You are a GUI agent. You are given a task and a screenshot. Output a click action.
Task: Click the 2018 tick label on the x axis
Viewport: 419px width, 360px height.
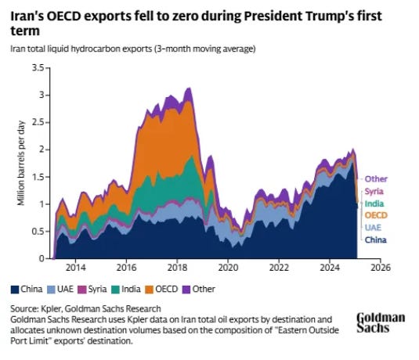coord(177,268)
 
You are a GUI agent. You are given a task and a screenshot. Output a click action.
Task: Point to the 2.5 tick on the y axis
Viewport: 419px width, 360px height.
coord(38,123)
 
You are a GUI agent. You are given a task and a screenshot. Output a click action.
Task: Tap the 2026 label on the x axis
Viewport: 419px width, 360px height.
coord(381,268)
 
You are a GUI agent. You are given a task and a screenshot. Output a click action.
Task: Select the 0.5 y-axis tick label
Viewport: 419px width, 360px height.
coord(38,232)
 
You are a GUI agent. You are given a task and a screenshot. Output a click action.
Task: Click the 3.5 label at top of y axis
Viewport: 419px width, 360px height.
coord(38,68)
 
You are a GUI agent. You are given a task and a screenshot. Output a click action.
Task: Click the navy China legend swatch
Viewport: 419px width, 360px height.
coord(15,290)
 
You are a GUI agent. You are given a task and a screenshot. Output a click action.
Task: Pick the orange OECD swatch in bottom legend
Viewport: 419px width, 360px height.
coord(150,290)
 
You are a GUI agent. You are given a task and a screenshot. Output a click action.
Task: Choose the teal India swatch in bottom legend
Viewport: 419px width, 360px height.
coord(116,290)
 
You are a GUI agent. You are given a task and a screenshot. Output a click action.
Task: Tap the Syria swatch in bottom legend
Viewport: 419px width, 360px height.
coord(82,290)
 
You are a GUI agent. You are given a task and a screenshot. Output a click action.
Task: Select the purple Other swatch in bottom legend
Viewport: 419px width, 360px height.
coord(186,290)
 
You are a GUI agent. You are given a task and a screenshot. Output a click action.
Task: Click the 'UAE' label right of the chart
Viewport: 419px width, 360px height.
coord(373,228)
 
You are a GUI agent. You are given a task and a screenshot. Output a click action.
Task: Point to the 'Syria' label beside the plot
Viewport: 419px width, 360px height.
coord(374,192)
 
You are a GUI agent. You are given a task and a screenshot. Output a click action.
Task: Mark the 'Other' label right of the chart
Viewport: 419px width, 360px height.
coord(376,179)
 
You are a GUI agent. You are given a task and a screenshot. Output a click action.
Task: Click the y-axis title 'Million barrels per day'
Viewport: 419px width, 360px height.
coord(21,164)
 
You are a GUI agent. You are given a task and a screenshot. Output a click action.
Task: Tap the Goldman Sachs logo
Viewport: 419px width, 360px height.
coord(381,322)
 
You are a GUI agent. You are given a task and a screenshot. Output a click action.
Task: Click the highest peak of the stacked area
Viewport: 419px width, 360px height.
coord(190,88)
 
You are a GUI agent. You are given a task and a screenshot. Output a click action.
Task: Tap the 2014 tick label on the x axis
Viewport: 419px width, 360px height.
coord(76,268)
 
